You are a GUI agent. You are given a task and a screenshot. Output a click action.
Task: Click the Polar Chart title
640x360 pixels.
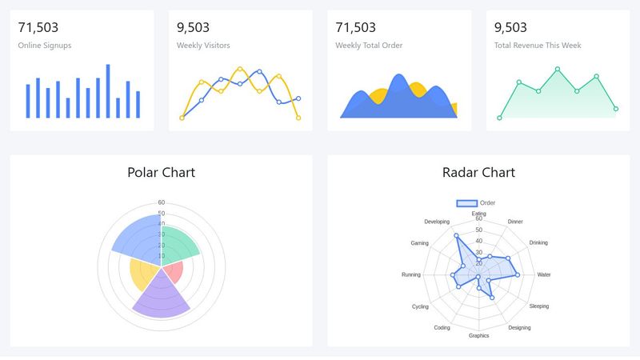(x=161, y=172)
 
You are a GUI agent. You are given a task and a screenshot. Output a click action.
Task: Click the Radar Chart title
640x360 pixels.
(x=478, y=172)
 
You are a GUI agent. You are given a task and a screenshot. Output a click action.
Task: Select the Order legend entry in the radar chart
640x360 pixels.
(x=477, y=203)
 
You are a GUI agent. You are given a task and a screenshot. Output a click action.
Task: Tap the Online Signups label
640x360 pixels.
(x=44, y=46)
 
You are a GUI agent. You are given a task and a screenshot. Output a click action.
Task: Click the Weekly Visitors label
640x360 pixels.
(x=203, y=46)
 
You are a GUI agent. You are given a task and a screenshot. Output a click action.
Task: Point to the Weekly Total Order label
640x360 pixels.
(x=368, y=46)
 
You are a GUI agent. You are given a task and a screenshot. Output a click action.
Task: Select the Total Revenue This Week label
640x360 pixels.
(x=538, y=46)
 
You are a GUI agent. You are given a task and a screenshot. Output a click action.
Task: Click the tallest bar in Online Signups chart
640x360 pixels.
(x=108, y=90)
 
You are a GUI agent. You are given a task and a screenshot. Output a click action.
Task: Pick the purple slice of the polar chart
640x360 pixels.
(x=161, y=298)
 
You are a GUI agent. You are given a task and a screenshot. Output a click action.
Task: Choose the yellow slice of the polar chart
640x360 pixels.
(x=144, y=274)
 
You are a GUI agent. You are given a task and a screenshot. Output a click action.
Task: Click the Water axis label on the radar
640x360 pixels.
(x=544, y=275)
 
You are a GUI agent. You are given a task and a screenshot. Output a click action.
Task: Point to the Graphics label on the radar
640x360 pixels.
(x=478, y=336)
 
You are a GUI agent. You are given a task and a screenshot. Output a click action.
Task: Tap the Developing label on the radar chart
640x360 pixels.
(x=437, y=222)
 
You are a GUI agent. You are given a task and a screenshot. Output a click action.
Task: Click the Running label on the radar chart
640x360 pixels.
(x=411, y=275)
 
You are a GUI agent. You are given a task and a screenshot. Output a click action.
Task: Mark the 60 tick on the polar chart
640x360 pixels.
(x=162, y=202)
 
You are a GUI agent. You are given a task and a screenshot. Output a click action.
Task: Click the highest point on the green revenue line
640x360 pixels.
(x=558, y=69)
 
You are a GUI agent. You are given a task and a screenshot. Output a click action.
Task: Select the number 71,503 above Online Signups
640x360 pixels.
(x=38, y=28)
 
